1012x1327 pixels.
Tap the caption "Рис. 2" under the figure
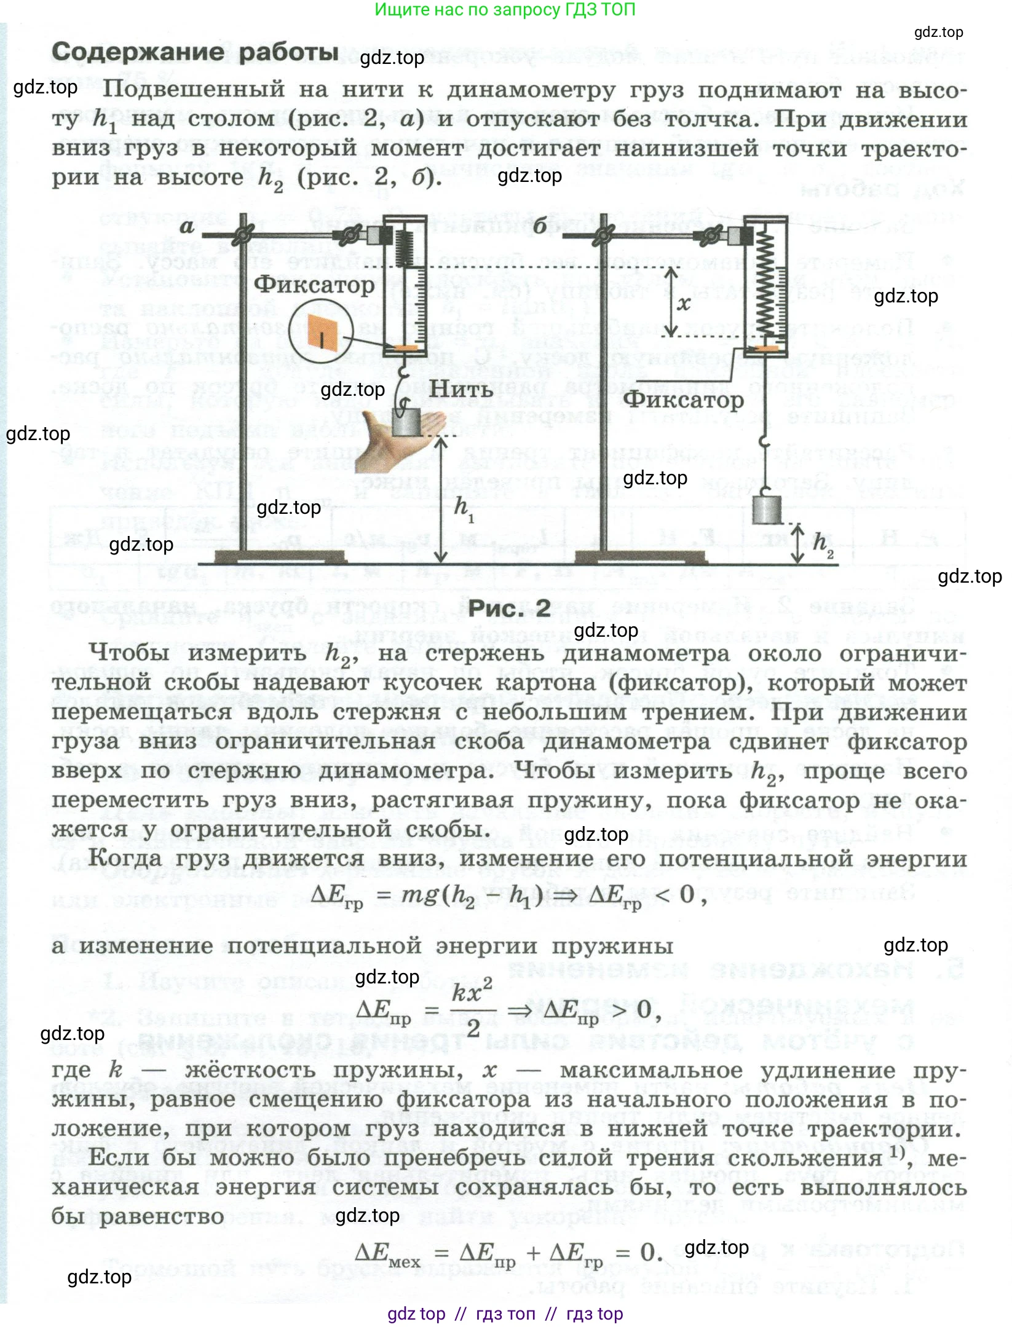(x=509, y=608)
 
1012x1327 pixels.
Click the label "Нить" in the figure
(x=461, y=389)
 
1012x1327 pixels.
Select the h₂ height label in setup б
(x=823, y=543)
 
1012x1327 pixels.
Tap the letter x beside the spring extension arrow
(x=684, y=303)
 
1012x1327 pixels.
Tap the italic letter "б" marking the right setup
(x=540, y=226)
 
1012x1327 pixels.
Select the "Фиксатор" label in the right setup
(x=683, y=400)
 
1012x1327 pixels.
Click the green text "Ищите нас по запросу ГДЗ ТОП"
(x=505, y=10)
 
